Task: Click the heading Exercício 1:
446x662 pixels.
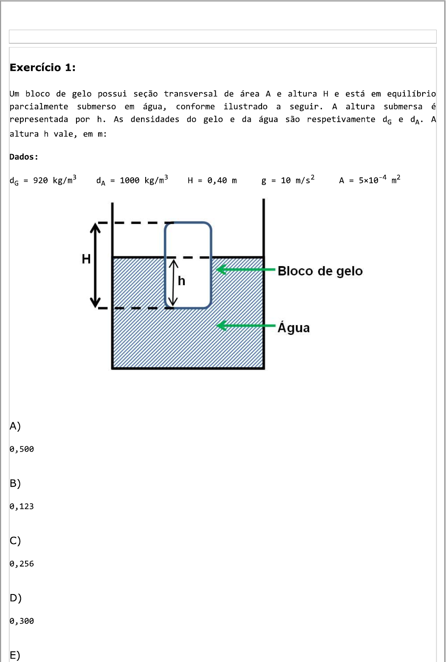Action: (42, 67)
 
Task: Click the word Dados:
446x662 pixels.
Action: (24, 157)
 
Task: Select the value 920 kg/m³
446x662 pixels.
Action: (55, 180)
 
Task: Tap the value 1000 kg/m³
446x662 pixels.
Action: (144, 180)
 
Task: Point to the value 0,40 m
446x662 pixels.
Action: (222, 180)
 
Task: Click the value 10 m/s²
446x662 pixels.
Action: (297, 180)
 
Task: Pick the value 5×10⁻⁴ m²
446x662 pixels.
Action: (379, 180)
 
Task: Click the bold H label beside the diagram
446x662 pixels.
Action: (86, 259)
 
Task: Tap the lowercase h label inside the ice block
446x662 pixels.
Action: (182, 281)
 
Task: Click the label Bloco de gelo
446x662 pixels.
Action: (320, 271)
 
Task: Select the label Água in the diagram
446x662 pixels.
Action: (294, 327)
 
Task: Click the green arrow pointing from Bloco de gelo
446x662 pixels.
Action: (246, 269)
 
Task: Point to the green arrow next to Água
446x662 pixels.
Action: (246, 325)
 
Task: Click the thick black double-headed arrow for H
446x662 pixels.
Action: (95, 265)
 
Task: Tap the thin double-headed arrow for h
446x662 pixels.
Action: (173, 283)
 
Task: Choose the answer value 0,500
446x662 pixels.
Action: (22, 449)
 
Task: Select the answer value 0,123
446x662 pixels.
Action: (22, 507)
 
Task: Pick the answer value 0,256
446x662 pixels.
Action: (22, 564)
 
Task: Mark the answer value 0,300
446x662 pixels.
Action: (22, 621)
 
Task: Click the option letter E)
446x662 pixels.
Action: (15, 655)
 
